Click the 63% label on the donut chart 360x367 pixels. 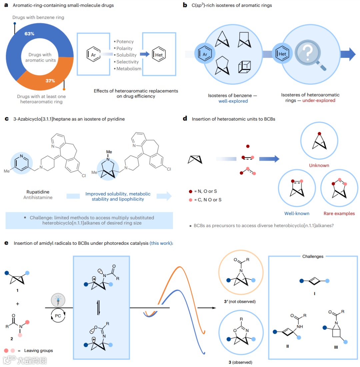coord(29,34)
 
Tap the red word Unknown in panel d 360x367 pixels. coord(319,166)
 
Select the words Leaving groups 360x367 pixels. coord(39,350)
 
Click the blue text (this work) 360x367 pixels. coord(161,243)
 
